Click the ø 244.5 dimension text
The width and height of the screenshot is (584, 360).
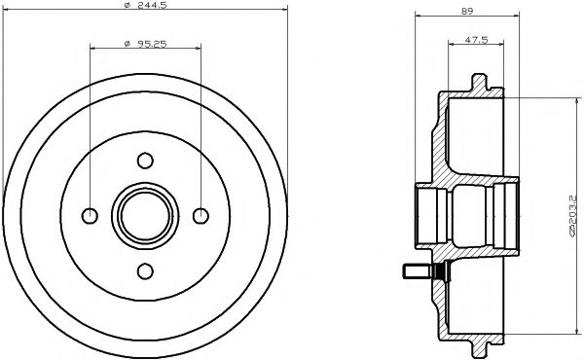tap(146, 7)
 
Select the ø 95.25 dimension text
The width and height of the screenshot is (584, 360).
tap(146, 43)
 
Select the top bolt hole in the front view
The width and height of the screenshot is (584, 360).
tap(145, 160)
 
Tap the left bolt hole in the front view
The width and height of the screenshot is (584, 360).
tap(90, 215)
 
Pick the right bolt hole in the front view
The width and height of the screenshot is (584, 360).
tap(201, 215)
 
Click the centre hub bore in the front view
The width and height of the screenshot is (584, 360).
tap(145, 215)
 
